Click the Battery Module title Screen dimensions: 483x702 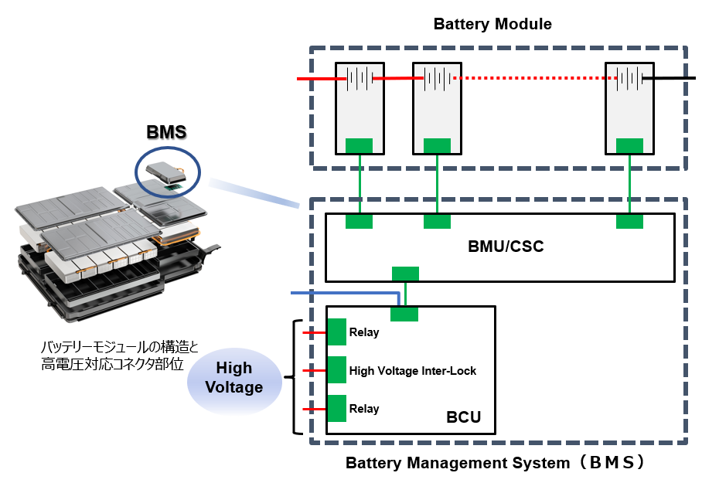click(492, 24)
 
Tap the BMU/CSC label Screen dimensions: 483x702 click(506, 247)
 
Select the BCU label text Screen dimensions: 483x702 click(463, 418)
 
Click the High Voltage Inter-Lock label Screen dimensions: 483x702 click(412, 371)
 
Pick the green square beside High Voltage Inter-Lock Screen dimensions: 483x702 click(336, 370)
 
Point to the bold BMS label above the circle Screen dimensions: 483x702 click(166, 132)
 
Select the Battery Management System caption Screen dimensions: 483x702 click(495, 464)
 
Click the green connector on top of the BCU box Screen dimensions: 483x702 click(404, 314)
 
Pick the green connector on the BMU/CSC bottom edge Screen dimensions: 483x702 click(405, 274)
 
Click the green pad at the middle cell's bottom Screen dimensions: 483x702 click(437, 146)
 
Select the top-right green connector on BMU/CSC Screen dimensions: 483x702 click(629, 222)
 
